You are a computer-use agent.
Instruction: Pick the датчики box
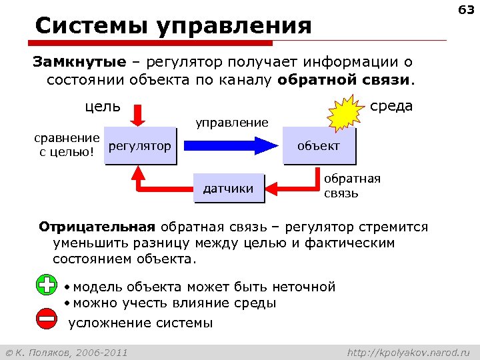pyautogui.click(x=228, y=189)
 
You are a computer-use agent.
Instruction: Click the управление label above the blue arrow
pyautogui.click(x=231, y=122)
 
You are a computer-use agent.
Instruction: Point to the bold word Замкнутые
pyautogui.click(x=80, y=62)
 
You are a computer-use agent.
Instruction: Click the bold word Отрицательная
pyautogui.click(x=97, y=227)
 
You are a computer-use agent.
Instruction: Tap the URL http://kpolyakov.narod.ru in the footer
pyautogui.click(x=409, y=351)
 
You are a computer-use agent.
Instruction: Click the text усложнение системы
pyautogui.click(x=141, y=323)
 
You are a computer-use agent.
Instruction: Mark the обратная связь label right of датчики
pyautogui.click(x=352, y=186)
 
